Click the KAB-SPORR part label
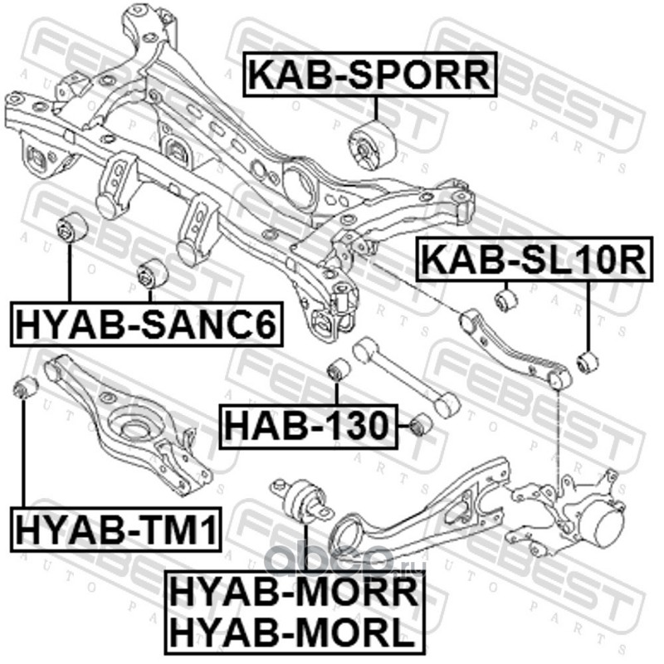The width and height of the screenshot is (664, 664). pos(369,75)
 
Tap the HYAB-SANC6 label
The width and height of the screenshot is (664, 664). pos(147,324)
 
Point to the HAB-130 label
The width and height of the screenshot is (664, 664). pos(308,426)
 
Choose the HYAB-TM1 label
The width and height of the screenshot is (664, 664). pos(115,529)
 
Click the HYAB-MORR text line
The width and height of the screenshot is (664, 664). pos(295,593)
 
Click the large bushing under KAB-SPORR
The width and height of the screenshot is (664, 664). pos(371,145)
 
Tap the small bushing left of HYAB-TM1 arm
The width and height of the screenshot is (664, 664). pos(26,387)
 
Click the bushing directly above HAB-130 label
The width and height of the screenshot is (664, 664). pos(339,369)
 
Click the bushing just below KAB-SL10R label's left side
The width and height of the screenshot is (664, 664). pos(506,300)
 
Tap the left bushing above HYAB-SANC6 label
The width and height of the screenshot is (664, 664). pos(72,227)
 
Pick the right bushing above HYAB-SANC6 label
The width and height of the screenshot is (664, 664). pos(153,274)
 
